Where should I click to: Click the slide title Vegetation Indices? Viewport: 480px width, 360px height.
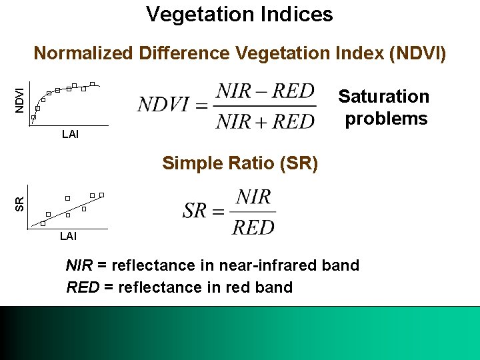pos(239,14)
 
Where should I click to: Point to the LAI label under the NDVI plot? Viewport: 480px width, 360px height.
pos(69,135)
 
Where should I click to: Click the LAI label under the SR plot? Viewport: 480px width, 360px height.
pos(68,236)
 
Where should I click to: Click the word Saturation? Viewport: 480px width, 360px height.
pos(383,97)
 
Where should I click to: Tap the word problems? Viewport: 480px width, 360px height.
pos(386,119)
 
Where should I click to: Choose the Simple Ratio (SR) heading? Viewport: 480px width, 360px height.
pos(240,163)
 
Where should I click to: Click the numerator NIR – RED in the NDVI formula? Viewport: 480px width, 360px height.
pos(265,91)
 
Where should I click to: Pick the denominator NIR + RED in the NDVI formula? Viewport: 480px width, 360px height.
pos(265,121)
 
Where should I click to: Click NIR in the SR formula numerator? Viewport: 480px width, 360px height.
pos(253,197)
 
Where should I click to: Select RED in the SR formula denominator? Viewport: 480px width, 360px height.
pos(253,227)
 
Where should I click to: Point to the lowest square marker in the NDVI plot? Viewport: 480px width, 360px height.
pos(33,118)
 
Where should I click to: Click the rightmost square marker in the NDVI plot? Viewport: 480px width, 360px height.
pos(93,84)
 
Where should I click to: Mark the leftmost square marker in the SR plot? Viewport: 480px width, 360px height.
pos(42,224)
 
